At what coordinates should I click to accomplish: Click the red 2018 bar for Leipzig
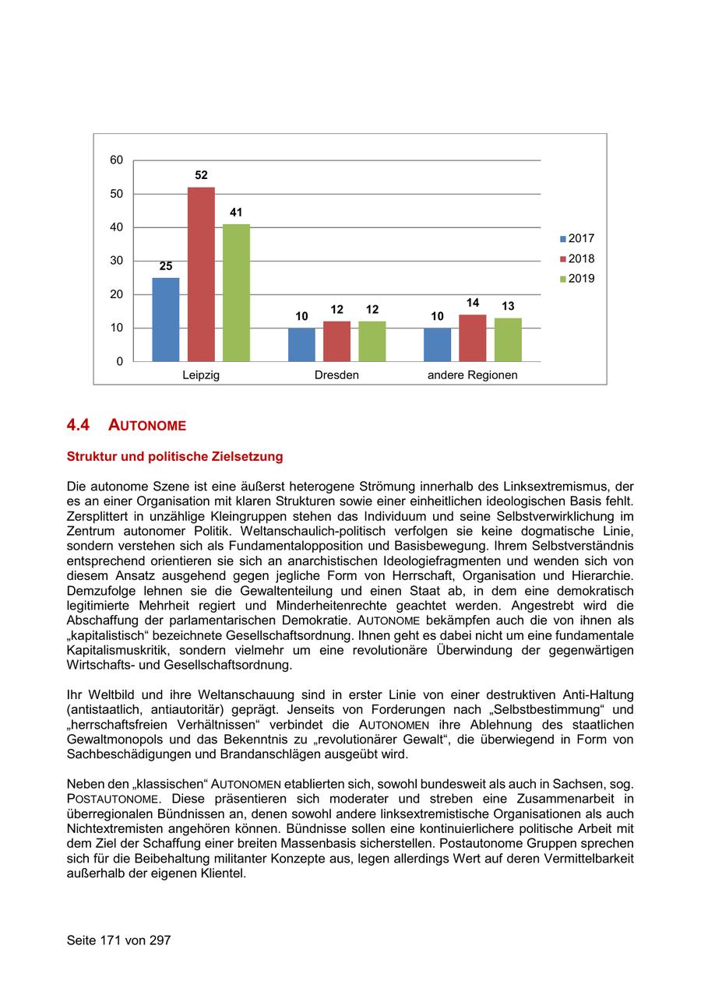pyautogui.click(x=201, y=274)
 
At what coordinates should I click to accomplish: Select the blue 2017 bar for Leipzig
pyautogui.click(x=166, y=319)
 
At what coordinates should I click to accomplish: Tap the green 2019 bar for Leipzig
pyautogui.click(x=236, y=293)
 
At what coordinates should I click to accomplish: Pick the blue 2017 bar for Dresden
pyautogui.click(x=301, y=345)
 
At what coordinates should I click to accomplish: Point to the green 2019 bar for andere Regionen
pyautogui.click(x=508, y=339)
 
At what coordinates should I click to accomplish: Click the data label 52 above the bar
pyautogui.click(x=201, y=176)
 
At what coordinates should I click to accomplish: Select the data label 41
pyautogui.click(x=236, y=213)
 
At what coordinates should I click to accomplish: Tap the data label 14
pyautogui.click(x=472, y=303)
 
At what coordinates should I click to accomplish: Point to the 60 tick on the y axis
pyautogui.click(x=116, y=160)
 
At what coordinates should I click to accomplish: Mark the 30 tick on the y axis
pyautogui.click(x=116, y=261)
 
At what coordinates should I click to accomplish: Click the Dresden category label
pyautogui.click(x=336, y=375)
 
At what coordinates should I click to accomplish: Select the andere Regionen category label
pyautogui.click(x=472, y=375)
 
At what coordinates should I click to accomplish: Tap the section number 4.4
pyautogui.click(x=78, y=425)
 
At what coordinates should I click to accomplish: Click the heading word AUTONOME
pyautogui.click(x=147, y=426)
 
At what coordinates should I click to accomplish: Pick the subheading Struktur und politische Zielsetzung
pyautogui.click(x=174, y=457)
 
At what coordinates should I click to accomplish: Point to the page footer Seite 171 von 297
pyautogui.click(x=118, y=940)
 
